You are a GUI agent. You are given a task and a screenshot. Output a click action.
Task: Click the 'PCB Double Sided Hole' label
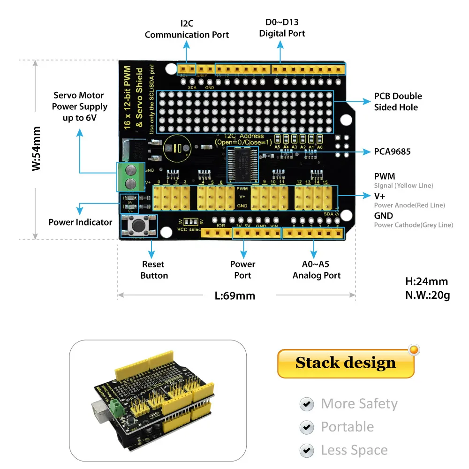coord(398,102)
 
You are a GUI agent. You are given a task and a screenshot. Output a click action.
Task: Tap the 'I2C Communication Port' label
coord(187,29)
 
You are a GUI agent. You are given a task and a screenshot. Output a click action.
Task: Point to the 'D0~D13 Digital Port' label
coord(282,28)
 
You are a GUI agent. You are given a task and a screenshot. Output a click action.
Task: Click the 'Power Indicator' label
coord(80,222)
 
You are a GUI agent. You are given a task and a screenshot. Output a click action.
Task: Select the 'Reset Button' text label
coord(154,270)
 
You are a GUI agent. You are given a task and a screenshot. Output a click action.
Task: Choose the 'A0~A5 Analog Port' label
coord(317,270)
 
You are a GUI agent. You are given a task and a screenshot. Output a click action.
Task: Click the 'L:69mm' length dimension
coord(234,295)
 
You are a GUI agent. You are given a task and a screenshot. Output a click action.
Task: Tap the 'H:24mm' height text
coord(426,282)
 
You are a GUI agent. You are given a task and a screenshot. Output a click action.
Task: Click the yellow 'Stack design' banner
coord(346,363)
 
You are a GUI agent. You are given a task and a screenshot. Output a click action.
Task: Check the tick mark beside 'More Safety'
coord(307,404)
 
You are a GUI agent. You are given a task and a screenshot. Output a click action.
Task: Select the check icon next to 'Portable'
coord(307,427)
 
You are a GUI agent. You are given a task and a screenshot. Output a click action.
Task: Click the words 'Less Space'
coord(354,451)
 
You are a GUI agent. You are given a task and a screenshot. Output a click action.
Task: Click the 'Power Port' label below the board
coord(242,270)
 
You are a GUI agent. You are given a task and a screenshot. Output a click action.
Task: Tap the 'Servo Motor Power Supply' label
coord(80,106)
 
